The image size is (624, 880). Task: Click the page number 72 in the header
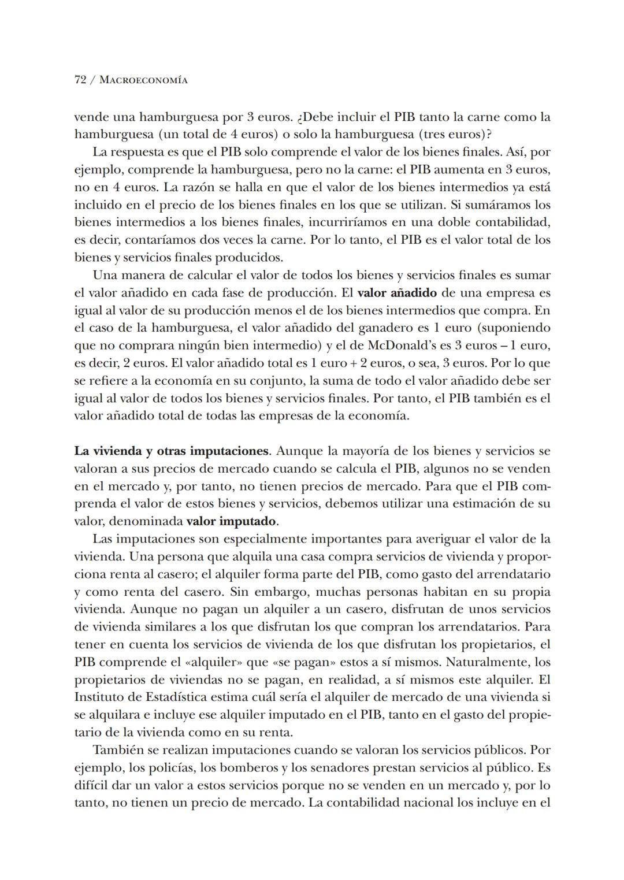[81, 80]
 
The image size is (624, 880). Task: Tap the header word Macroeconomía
[143, 80]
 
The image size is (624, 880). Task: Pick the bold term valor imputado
[231, 521]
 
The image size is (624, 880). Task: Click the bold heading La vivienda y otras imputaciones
[172, 451]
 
